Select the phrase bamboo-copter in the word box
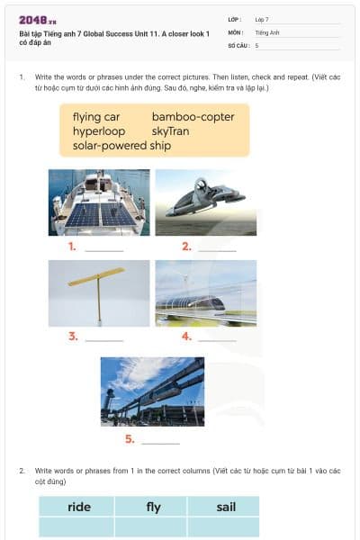click(193, 117)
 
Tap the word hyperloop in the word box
click(99, 131)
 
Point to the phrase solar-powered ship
click(121, 146)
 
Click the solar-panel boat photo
click(99, 202)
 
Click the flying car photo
click(205, 202)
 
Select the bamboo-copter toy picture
click(99, 293)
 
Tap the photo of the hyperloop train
click(205, 293)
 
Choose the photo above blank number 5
click(152, 391)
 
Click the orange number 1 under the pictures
click(72, 246)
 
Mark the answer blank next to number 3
click(103, 338)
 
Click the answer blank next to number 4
click(217, 338)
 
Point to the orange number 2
click(186, 246)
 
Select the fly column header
click(153, 507)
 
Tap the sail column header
click(225, 507)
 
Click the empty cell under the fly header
click(151, 526)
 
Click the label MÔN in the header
click(235, 31)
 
